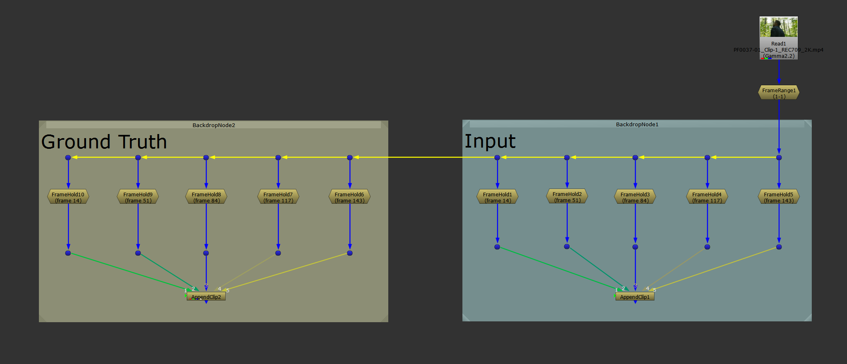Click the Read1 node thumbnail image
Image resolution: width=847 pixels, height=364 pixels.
tap(779, 27)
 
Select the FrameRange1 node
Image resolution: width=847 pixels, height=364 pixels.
tap(779, 93)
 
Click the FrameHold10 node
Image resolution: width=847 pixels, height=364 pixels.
tap(68, 197)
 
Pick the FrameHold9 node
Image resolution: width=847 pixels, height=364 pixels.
tap(138, 197)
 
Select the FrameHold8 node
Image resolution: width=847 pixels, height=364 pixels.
tap(206, 197)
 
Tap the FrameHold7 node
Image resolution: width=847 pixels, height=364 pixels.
tap(278, 197)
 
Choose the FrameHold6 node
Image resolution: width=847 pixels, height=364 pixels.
tap(349, 197)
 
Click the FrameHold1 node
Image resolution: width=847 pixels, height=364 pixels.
tap(497, 197)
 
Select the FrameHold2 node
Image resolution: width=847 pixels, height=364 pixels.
tap(567, 196)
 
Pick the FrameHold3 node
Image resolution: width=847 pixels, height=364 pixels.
tap(635, 197)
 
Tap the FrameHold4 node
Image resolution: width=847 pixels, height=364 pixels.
tap(707, 197)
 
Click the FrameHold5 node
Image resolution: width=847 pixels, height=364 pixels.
tap(779, 197)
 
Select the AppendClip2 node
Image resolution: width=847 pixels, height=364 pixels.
tap(206, 297)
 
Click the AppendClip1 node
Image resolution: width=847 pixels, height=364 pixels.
tap(635, 297)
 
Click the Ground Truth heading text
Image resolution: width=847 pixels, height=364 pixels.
tap(104, 142)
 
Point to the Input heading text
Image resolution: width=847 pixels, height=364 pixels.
tap(490, 141)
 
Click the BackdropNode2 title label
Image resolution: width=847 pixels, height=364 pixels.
tap(214, 125)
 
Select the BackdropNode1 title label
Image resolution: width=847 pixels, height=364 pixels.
tap(637, 124)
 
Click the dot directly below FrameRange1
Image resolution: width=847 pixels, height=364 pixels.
tap(779, 157)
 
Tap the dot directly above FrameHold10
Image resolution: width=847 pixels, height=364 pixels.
tap(68, 157)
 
